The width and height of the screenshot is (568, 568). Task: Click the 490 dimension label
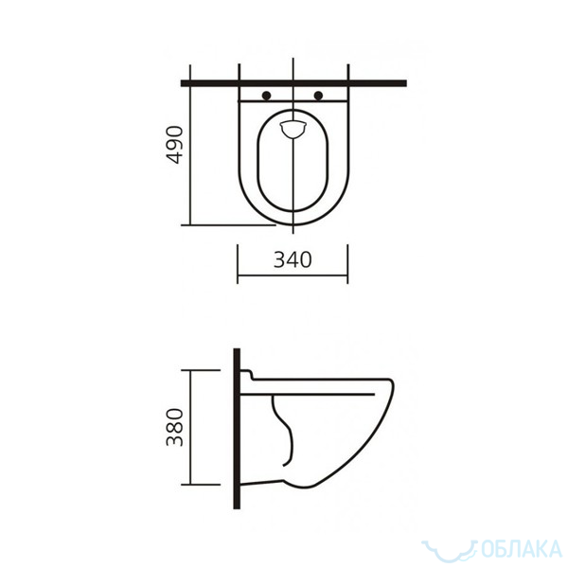click(x=175, y=145)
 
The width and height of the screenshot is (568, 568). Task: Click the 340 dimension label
click(x=293, y=259)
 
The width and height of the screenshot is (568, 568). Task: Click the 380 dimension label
click(x=175, y=427)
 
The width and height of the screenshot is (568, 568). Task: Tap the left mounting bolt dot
click(x=266, y=96)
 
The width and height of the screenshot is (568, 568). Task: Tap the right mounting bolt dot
click(x=318, y=96)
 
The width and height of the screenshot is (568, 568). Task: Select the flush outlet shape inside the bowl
click(x=293, y=130)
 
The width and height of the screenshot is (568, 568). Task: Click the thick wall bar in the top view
click(x=293, y=83)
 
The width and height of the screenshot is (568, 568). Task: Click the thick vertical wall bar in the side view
click(x=237, y=429)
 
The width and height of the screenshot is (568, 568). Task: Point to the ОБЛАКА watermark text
click(x=522, y=549)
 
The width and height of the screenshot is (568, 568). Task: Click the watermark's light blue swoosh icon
click(x=450, y=554)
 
